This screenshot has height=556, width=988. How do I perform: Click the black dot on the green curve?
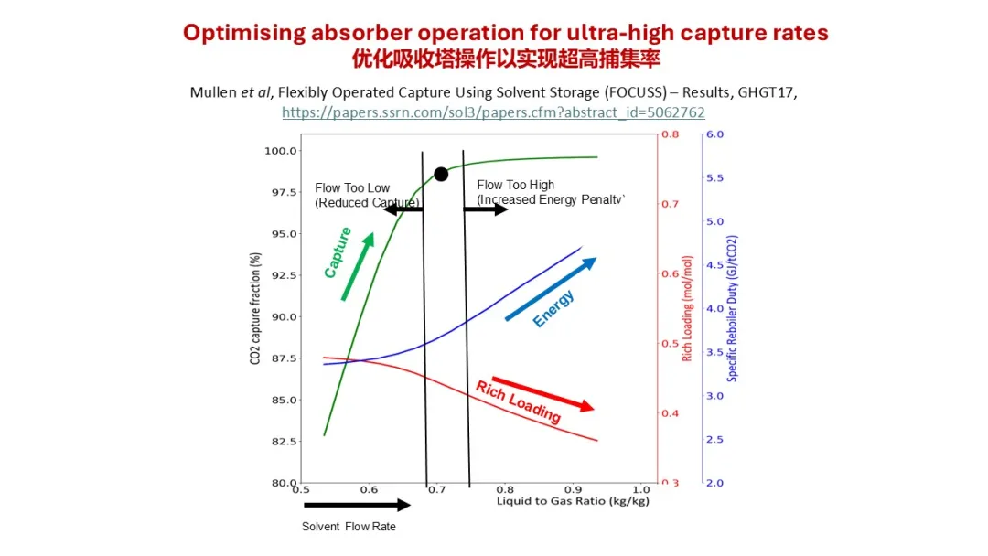pos(441,174)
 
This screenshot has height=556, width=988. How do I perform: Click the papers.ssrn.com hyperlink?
pos(493,112)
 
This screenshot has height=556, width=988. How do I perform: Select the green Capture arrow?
pos(357,266)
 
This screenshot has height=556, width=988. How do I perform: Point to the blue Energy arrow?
pos(551,289)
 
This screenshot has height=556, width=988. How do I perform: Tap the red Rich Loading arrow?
pos(542,392)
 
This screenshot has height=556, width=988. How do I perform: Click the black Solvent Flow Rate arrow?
pos(357,505)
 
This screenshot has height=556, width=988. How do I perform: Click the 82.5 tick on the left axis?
pos(281,442)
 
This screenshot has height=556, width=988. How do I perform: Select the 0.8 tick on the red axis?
pos(671,134)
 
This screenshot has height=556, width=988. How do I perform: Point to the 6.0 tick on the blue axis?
pos(714,134)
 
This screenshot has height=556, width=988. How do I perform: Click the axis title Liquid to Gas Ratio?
pos(573,502)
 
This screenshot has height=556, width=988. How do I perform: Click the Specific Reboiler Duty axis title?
pos(733,308)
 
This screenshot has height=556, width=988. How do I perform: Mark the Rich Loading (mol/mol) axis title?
pos(687,308)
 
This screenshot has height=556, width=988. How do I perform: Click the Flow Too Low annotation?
pos(353,188)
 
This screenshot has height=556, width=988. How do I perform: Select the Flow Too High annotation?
pos(516,186)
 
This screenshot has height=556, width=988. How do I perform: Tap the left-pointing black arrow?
pos(403,209)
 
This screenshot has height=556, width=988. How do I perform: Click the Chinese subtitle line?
pos(506,59)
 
